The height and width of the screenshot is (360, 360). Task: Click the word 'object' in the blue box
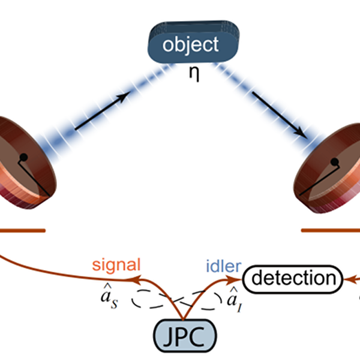[x=190, y=45]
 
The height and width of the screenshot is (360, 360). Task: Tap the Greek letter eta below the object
[x=194, y=74]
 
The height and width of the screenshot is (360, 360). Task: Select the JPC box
[x=185, y=335]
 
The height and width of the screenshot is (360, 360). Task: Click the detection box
[x=293, y=279]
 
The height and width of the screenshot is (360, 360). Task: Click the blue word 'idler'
[x=224, y=266]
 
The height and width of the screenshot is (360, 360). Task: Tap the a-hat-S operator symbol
[x=109, y=296]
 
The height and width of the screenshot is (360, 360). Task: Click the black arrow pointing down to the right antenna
[x=280, y=115]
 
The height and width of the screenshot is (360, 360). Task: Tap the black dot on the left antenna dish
[x=23, y=157]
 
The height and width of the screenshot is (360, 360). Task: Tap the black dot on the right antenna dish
[x=335, y=162]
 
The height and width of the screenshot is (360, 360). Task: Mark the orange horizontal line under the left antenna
[x=23, y=230]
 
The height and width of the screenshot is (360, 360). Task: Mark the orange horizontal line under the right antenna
[x=331, y=230]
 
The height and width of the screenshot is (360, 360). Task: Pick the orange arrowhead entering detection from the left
[x=235, y=280]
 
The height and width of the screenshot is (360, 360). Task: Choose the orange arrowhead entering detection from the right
[x=348, y=279]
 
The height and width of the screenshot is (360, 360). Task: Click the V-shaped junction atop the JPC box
[x=183, y=319]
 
